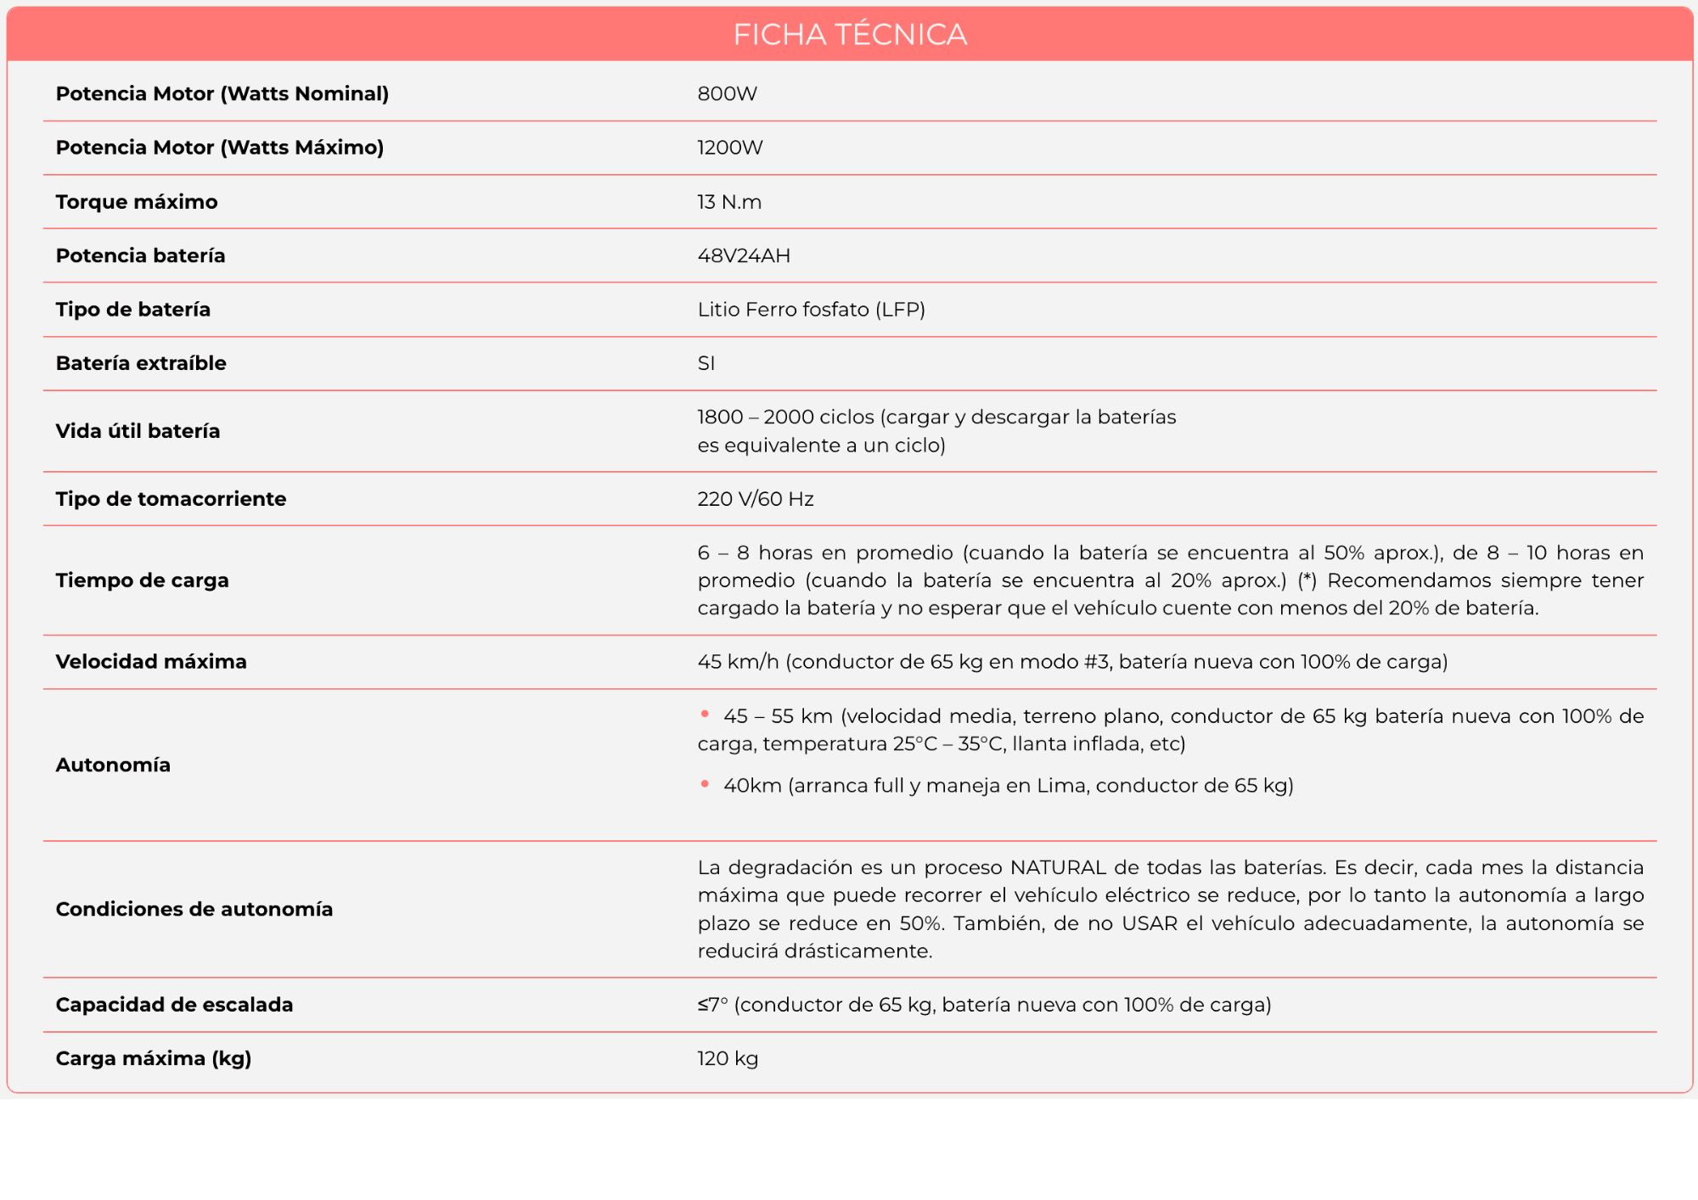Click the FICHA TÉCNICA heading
850,35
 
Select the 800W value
728,94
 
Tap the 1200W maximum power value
730,148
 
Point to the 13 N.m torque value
729,202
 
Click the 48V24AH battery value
744,255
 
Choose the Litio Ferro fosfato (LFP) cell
811,310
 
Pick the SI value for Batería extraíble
706,363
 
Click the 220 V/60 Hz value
756,499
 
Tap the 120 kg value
728,1058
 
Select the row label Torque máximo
137,202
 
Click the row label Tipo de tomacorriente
171,499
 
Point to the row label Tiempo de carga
142,580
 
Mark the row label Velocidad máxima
151,662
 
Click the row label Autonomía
113,765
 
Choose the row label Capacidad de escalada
174,1005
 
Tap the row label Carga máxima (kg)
154,1058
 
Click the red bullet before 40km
705,784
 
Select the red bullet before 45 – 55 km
705,715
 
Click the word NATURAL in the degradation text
1058,867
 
